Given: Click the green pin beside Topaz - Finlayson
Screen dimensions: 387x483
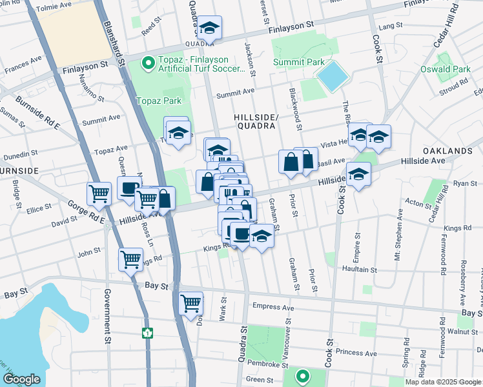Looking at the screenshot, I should [148, 63].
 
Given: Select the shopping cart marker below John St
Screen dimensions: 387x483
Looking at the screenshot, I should [130, 259].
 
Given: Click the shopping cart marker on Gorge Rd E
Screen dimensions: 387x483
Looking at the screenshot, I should [99, 193].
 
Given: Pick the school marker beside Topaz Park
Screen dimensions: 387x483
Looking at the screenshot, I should [178, 132].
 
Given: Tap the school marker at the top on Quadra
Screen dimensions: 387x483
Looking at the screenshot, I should [209, 28].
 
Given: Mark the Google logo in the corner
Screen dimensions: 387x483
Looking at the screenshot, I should [21, 379].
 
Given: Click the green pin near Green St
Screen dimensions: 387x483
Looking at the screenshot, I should [302, 375].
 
